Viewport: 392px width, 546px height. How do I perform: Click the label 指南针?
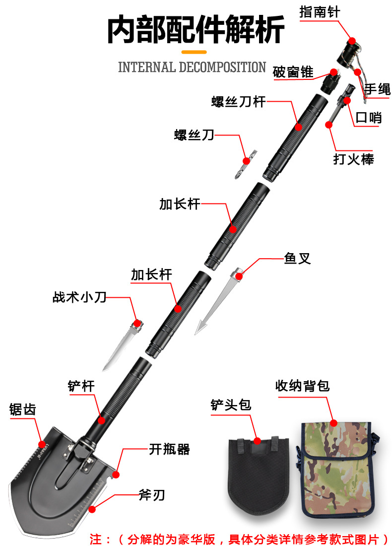(x=320, y=12)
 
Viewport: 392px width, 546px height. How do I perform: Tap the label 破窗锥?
(x=293, y=72)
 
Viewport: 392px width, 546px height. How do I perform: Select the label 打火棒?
(x=353, y=159)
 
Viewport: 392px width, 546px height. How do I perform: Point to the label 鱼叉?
(x=297, y=259)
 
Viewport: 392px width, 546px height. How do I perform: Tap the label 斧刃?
(x=151, y=495)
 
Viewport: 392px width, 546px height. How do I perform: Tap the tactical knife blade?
(x=119, y=348)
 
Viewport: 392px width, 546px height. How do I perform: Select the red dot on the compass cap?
(x=352, y=41)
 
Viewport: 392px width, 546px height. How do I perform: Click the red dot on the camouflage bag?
(x=333, y=423)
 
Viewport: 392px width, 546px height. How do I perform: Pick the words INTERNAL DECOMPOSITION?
(x=192, y=68)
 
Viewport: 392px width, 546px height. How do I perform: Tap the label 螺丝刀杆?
(x=238, y=102)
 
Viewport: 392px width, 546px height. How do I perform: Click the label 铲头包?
(x=231, y=405)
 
